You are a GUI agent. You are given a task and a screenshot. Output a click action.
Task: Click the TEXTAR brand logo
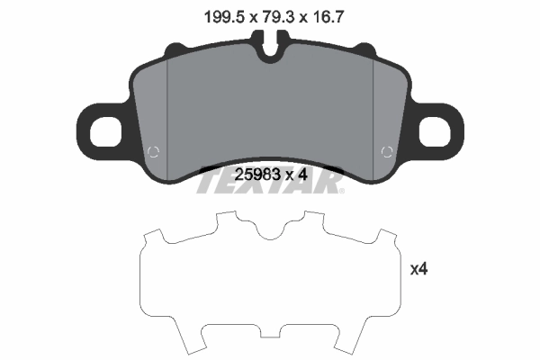click(x=270, y=184)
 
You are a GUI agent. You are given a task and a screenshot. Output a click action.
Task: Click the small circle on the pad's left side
click(x=152, y=150)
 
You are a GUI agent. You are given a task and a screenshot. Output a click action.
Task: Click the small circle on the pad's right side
click(x=388, y=150)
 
